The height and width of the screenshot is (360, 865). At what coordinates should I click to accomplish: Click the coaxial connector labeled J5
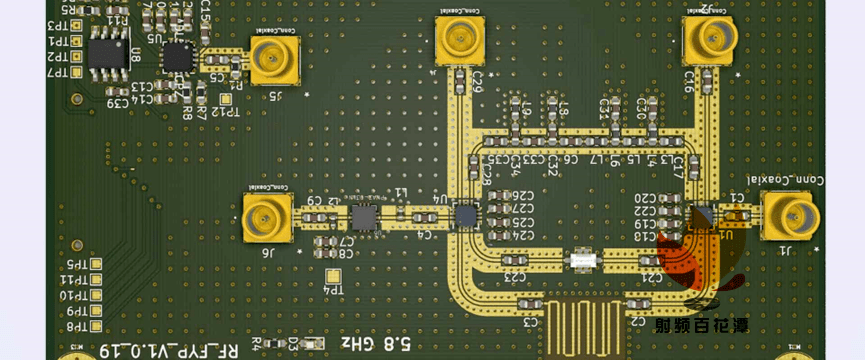click(x=273, y=62)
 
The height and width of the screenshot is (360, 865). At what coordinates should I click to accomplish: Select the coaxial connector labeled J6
click(x=266, y=218)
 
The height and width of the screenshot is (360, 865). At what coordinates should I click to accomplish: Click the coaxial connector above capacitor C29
click(x=459, y=42)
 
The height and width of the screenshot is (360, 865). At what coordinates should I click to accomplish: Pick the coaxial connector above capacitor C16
click(x=710, y=41)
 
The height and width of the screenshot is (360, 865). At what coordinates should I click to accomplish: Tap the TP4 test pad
click(x=333, y=275)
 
